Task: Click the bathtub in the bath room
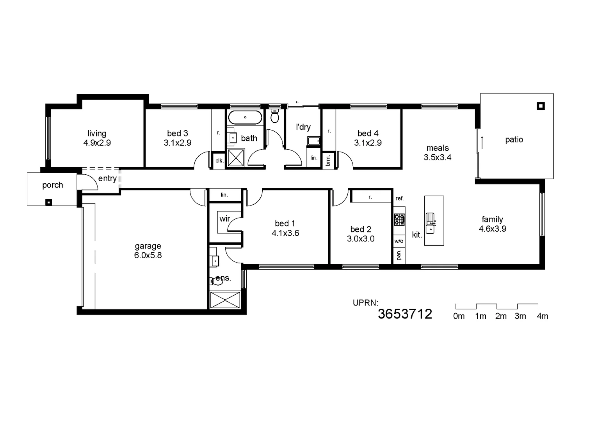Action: [x=245, y=117]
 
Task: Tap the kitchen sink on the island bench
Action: [x=430, y=223]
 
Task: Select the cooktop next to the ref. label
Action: [x=399, y=220]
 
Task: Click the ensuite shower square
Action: [x=225, y=300]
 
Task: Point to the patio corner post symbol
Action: [x=541, y=106]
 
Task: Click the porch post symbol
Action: [x=48, y=202]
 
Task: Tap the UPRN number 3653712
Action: [x=405, y=314]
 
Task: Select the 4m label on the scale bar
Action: [x=542, y=316]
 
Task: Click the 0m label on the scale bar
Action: [x=459, y=316]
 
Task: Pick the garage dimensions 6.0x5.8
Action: [x=148, y=256]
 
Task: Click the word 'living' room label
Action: [x=97, y=134]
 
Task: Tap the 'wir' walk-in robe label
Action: [x=224, y=219]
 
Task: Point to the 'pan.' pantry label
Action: [x=399, y=255]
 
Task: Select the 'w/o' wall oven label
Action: [x=399, y=241]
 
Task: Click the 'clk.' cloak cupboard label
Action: [x=219, y=161]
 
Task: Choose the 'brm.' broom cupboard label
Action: [x=328, y=160]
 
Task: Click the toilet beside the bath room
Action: [x=275, y=116]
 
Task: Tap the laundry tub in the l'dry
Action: [x=313, y=141]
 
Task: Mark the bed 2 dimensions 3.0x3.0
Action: [x=361, y=239]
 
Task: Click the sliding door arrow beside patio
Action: [x=482, y=142]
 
